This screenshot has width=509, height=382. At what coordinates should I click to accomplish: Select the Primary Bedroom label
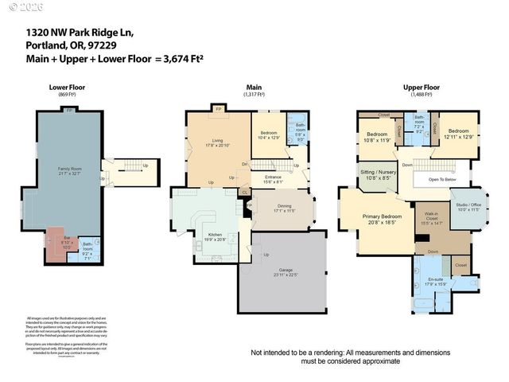(378, 218)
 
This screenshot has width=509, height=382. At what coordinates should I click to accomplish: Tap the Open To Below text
(441, 179)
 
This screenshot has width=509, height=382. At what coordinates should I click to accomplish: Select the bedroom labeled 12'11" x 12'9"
(459, 134)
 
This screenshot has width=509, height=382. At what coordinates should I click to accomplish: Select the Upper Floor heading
(421, 87)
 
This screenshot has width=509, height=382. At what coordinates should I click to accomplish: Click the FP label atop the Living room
(217, 109)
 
